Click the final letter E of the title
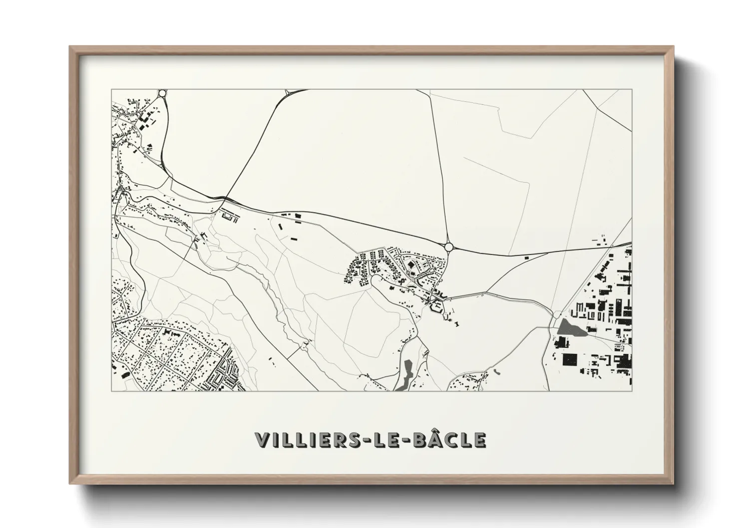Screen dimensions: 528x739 tap(479, 440)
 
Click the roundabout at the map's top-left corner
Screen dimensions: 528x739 tap(162, 93)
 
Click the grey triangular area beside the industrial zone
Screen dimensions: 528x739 tap(567, 328)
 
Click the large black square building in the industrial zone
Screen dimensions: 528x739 tap(569, 359)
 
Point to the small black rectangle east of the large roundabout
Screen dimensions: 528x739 tap(526, 258)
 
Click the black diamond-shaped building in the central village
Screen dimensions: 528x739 tap(410, 264)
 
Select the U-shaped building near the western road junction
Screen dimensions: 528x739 tap(229, 217)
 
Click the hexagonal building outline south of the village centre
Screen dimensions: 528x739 tap(434, 308)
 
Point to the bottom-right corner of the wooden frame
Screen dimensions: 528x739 tap(674, 483)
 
